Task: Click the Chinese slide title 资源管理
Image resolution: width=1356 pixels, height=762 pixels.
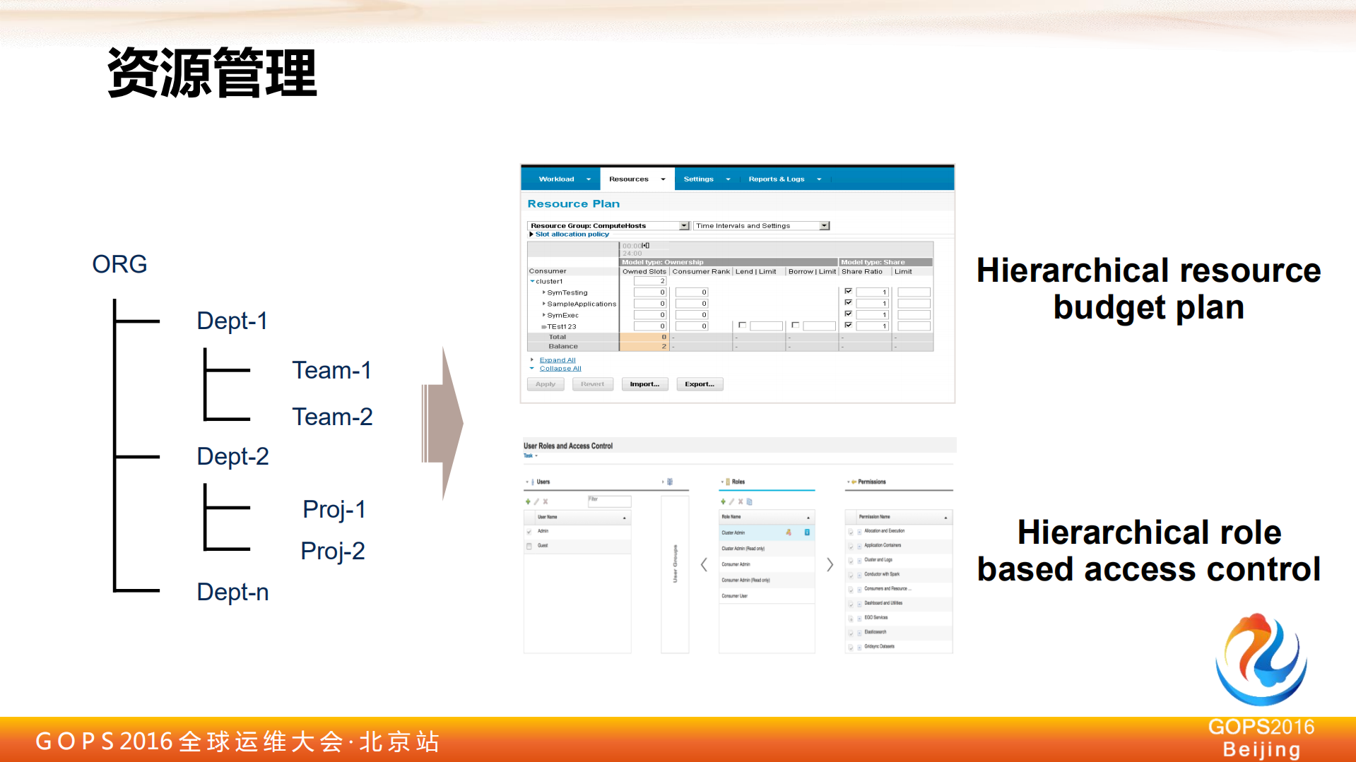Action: pos(212,73)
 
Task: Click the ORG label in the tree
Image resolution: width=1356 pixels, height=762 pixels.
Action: pos(119,264)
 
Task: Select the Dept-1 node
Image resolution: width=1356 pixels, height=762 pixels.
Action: pos(232,321)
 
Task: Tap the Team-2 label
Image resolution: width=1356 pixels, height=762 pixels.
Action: pos(332,417)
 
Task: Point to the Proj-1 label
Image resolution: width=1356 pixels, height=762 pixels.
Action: pos(334,509)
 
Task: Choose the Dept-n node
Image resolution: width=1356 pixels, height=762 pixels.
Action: pos(232,592)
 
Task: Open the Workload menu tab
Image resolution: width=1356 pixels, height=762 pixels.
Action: pos(557,179)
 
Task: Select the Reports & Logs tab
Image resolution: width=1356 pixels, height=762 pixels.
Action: pos(777,179)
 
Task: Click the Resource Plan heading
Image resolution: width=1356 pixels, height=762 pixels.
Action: pos(573,204)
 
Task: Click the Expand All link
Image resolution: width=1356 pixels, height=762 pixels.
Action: pos(558,360)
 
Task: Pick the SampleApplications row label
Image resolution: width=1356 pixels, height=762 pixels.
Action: pos(581,304)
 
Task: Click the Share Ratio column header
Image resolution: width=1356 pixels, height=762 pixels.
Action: pos(861,272)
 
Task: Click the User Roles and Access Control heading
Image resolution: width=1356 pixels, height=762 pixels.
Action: pos(567,446)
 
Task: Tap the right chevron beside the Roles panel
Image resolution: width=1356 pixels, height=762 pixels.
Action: pos(830,564)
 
